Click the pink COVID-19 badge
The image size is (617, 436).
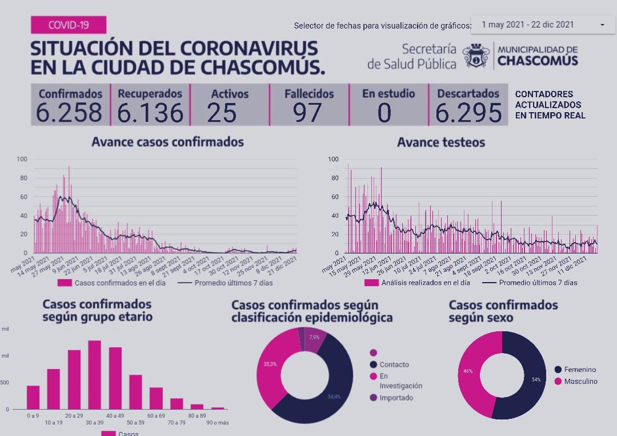click(68, 25)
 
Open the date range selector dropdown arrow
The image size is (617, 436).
click(602, 25)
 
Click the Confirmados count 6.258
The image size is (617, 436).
click(70, 113)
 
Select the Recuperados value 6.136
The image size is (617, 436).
click(150, 113)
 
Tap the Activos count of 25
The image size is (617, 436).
click(222, 113)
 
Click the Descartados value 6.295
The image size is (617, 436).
click(468, 113)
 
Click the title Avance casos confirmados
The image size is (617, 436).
click(167, 142)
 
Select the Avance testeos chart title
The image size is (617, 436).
click(440, 142)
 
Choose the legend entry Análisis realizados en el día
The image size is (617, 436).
click(416, 283)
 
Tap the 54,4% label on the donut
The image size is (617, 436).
click(334, 397)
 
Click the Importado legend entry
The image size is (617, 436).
click(396, 398)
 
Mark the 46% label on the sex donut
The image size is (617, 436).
click(468, 371)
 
